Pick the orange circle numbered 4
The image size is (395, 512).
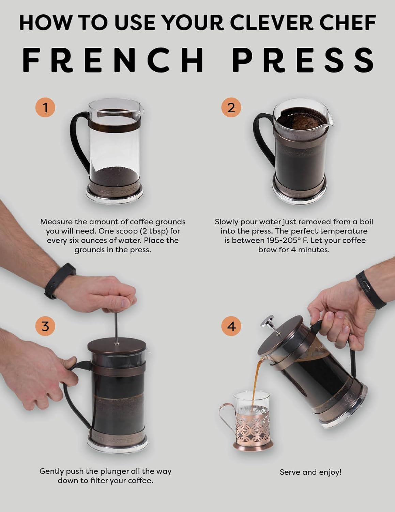(231, 326)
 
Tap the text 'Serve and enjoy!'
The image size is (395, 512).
(310, 472)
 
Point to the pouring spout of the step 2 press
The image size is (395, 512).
(329, 118)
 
